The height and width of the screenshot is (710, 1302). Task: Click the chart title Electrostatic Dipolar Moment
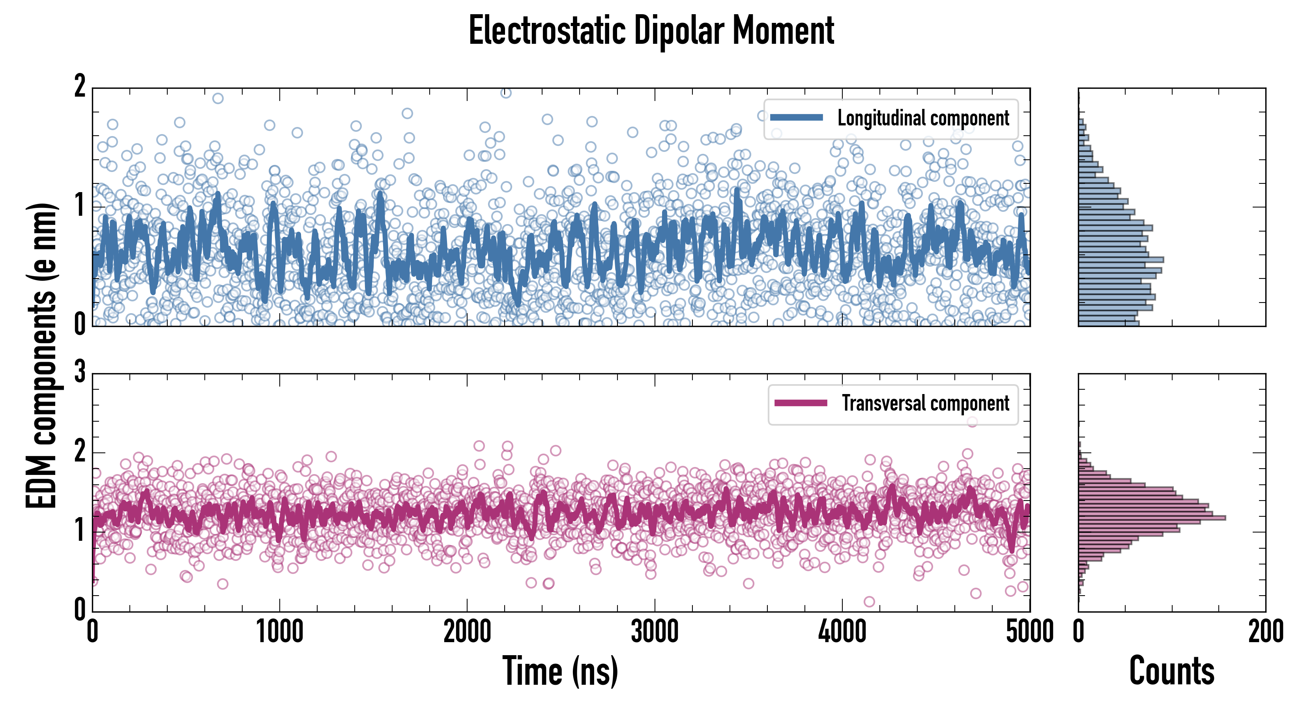pos(651,31)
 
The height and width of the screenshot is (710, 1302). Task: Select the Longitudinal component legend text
pos(923,118)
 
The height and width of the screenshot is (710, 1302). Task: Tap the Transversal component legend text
pos(925,403)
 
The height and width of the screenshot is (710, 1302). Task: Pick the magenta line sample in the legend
pos(801,403)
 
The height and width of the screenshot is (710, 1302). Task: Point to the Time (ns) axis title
pos(560,671)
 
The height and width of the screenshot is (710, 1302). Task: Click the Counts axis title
pos(1171,671)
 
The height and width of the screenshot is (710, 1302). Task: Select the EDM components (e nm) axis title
pos(41,356)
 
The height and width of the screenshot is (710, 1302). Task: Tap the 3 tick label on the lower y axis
pos(80,372)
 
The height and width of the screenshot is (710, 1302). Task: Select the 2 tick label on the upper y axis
pos(80,87)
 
